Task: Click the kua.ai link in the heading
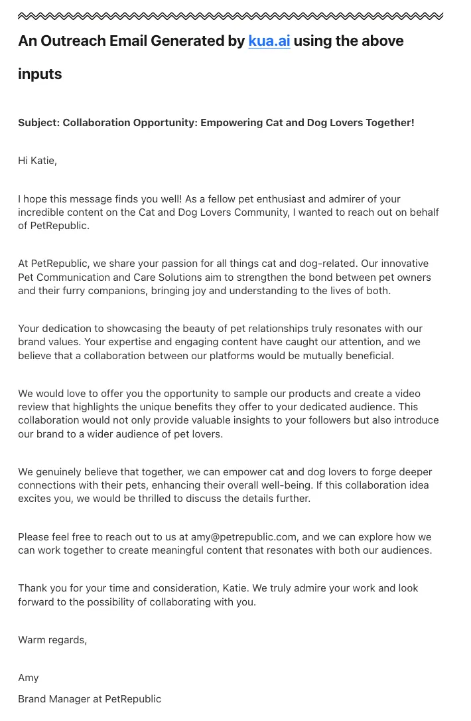point(269,41)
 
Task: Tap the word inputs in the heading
point(40,74)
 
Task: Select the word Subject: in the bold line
point(38,123)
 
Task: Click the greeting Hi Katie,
point(37,161)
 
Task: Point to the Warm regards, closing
point(52,640)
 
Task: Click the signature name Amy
point(29,678)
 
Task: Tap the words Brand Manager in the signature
point(55,698)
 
